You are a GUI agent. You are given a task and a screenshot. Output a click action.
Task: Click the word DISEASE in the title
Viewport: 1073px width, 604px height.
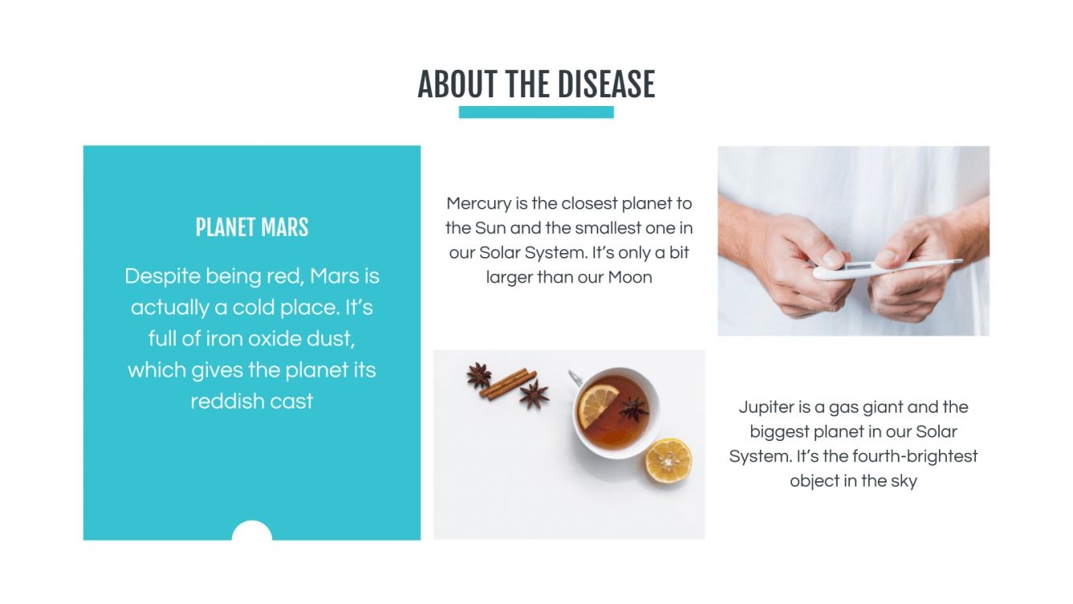coord(606,84)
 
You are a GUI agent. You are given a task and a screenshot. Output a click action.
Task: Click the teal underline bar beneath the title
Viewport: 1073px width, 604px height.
coord(536,112)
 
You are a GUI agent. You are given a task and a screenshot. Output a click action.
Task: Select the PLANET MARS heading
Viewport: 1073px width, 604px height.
coord(251,227)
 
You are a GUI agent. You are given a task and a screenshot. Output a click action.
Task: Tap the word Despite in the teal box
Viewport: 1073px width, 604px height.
coord(161,276)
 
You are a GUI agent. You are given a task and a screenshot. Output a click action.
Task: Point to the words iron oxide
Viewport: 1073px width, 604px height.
coord(253,339)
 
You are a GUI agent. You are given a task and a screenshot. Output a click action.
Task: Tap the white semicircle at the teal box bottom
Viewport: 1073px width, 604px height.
coord(251,532)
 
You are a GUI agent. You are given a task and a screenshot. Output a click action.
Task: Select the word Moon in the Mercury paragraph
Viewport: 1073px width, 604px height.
coord(630,278)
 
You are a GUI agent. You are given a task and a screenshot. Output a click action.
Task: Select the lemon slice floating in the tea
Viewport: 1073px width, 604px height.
coord(599,406)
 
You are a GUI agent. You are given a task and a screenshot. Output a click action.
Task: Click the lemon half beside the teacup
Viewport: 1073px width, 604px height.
coord(668,460)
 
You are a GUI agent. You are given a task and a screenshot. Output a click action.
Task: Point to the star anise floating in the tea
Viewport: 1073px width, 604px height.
coord(633,410)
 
